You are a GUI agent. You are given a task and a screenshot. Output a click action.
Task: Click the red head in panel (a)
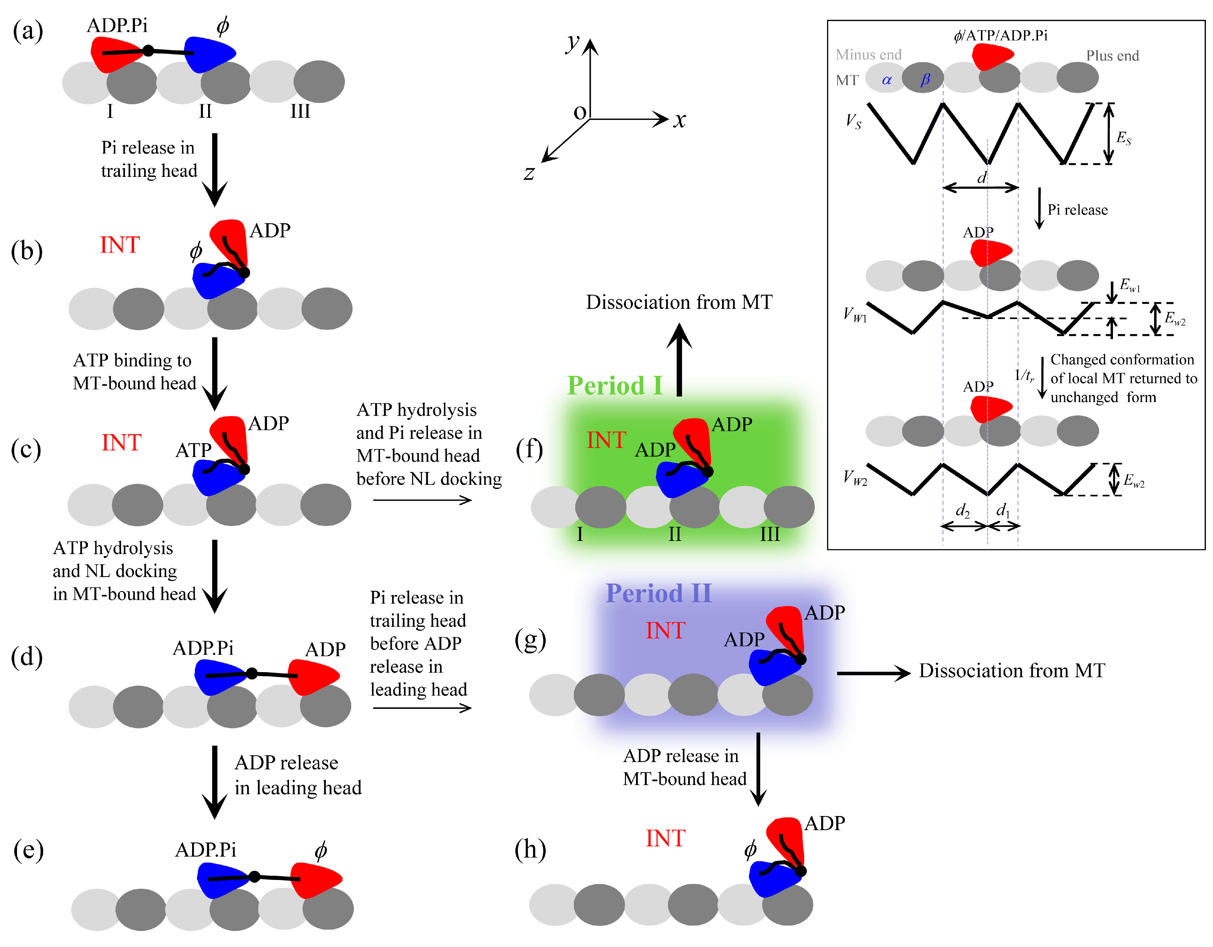(114, 54)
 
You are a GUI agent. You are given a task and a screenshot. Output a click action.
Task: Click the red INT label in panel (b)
(119, 245)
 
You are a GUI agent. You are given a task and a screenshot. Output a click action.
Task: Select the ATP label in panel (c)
(193, 450)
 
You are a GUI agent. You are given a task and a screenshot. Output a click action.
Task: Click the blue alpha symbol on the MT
(886, 80)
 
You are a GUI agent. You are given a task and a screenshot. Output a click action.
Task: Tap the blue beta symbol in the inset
(925, 80)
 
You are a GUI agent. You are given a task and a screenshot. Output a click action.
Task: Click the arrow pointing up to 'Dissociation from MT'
(679, 358)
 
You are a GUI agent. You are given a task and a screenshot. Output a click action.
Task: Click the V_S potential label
(853, 121)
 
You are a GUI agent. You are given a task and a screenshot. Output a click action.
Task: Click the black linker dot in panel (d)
(251, 673)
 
